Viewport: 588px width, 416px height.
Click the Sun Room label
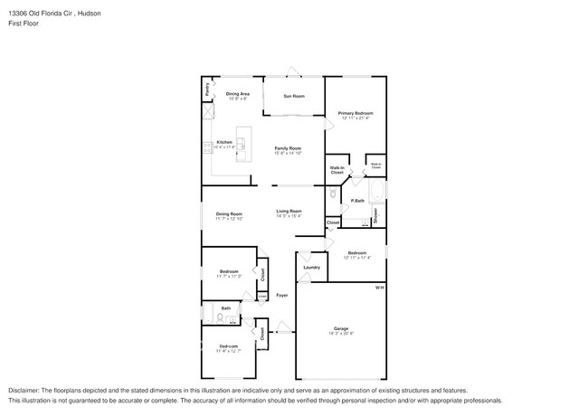pyautogui.click(x=294, y=96)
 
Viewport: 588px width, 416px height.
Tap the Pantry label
pyautogui.click(x=207, y=89)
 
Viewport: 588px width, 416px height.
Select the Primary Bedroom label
pyautogui.click(x=356, y=113)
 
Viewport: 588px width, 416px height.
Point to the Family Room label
pyautogui.click(x=288, y=147)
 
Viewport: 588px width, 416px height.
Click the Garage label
pyautogui.click(x=340, y=328)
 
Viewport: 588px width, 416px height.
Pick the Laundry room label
pyautogui.click(x=311, y=268)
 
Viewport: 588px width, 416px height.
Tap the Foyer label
pyautogui.click(x=281, y=295)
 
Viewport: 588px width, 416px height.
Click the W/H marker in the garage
pyautogui.click(x=380, y=288)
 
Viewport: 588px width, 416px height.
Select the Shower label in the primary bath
pyautogui.click(x=375, y=216)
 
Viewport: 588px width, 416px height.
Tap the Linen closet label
pyautogui.click(x=262, y=295)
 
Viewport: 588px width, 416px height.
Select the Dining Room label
pyautogui.click(x=229, y=213)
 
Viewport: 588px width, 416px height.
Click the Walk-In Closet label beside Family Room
pyautogui.click(x=337, y=169)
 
